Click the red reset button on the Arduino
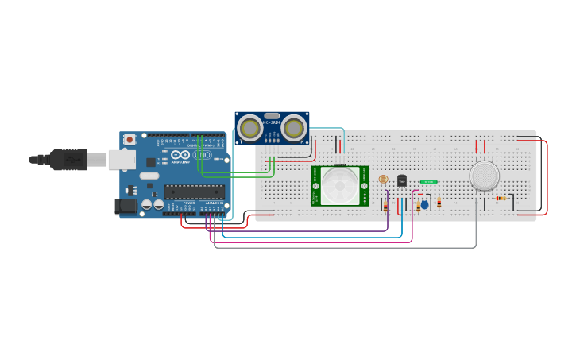click(x=130, y=140)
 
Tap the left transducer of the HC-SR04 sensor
click(x=250, y=127)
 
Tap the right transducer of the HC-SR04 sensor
click(x=293, y=127)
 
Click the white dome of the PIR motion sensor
click(x=340, y=186)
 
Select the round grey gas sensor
click(x=484, y=176)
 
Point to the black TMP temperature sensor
click(x=402, y=181)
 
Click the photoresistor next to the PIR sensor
click(x=384, y=180)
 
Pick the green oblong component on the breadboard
click(x=429, y=182)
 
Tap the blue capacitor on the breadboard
click(x=424, y=204)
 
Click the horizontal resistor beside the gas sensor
click(x=502, y=199)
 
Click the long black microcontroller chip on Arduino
click(x=194, y=192)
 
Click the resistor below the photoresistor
click(x=386, y=206)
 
